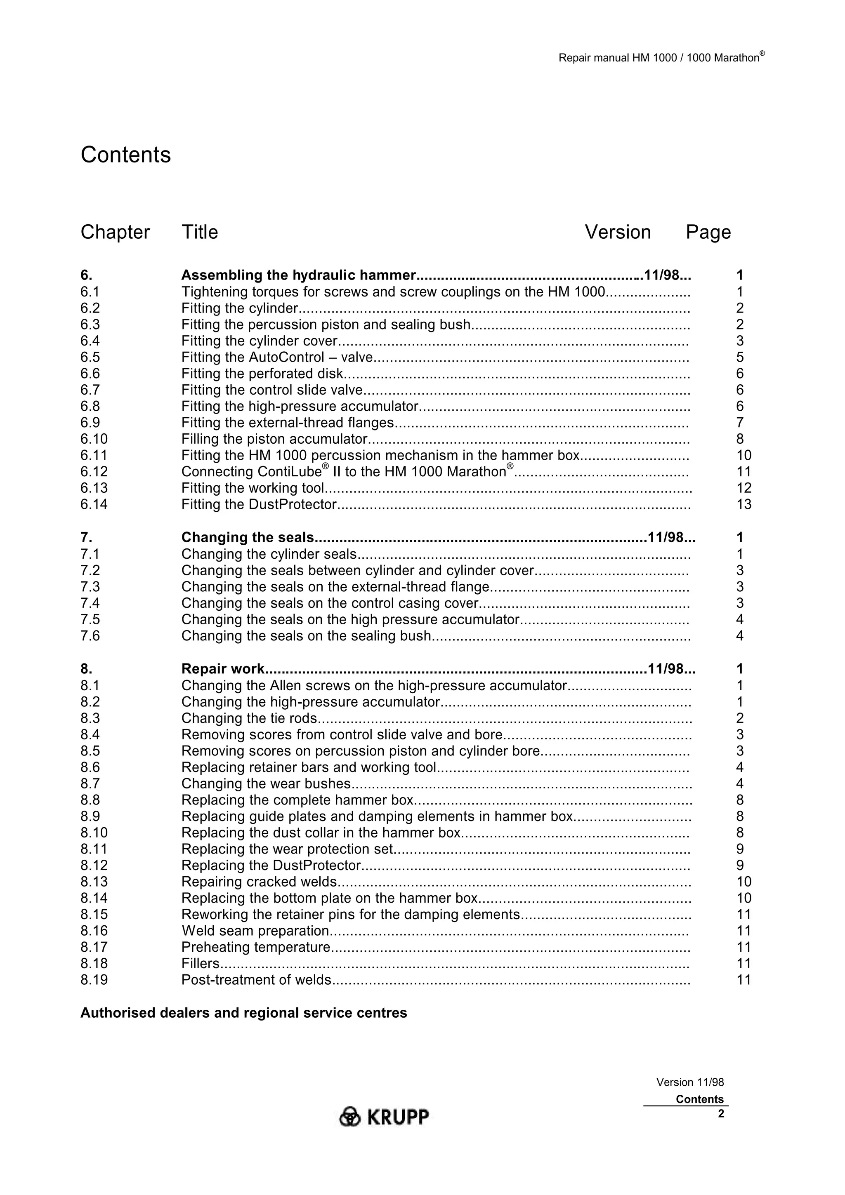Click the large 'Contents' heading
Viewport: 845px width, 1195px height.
pyautogui.click(x=125, y=155)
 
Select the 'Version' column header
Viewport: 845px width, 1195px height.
pyautogui.click(x=618, y=232)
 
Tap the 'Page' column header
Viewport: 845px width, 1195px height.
pyautogui.click(x=708, y=232)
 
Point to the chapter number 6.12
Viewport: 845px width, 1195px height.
pyautogui.click(x=94, y=472)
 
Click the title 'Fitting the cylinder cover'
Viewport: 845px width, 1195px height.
pyautogui.click(x=259, y=341)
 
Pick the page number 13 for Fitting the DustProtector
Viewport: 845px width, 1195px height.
pyautogui.click(x=744, y=504)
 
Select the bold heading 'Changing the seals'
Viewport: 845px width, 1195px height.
pyautogui.click(x=247, y=538)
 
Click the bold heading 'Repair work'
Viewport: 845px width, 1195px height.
pyautogui.click(x=223, y=669)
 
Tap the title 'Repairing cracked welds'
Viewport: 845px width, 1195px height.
pyautogui.click(x=259, y=882)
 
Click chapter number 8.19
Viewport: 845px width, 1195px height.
pyautogui.click(x=94, y=980)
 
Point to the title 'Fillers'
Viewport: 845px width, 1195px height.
pyautogui.click(x=200, y=963)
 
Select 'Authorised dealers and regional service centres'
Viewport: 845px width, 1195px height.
pyautogui.click(x=244, y=1013)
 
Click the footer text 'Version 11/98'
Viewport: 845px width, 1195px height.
pyautogui.click(x=689, y=1082)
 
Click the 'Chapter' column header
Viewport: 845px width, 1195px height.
pyautogui.click(x=115, y=232)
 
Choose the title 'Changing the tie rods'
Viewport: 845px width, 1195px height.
pyautogui.click(x=249, y=718)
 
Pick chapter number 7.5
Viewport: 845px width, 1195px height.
pyautogui.click(x=90, y=619)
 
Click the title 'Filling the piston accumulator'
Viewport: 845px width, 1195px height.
pyautogui.click(x=274, y=439)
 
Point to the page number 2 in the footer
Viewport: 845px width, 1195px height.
pyautogui.click(x=720, y=1114)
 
